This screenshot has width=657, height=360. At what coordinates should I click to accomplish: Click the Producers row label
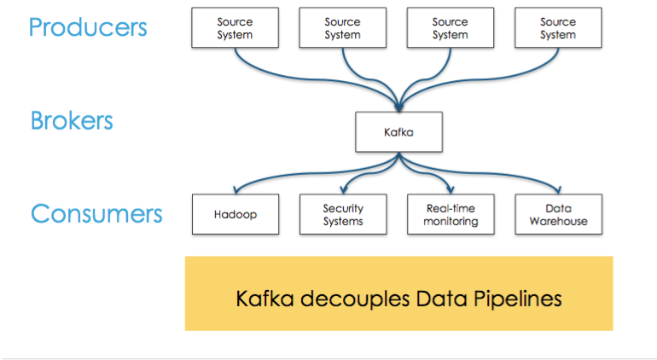pyautogui.click(x=88, y=27)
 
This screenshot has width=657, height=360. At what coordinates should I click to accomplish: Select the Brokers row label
pyautogui.click(x=72, y=120)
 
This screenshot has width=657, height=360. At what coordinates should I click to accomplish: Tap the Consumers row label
pyautogui.click(x=96, y=212)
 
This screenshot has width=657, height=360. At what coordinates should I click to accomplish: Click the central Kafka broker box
pyautogui.click(x=398, y=132)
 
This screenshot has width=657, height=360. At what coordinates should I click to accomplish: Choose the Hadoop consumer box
pyautogui.click(x=235, y=215)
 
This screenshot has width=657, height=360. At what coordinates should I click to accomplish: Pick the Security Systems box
pyautogui.click(x=343, y=215)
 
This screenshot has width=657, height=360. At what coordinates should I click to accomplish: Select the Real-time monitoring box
pyautogui.click(x=451, y=215)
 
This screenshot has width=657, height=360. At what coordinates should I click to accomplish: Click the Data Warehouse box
pyautogui.click(x=558, y=215)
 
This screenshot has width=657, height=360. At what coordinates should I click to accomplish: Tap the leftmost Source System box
pyautogui.click(x=235, y=28)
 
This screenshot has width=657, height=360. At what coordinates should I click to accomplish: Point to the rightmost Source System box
pyautogui.click(x=558, y=28)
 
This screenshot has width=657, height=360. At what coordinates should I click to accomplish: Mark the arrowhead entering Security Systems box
pyautogui.click(x=344, y=191)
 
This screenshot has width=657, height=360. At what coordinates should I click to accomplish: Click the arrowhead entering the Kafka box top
pyautogui.click(x=398, y=109)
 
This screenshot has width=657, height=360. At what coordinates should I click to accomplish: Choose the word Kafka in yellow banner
pyautogui.click(x=261, y=299)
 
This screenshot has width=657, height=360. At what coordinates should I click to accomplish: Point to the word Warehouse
pyautogui.click(x=558, y=222)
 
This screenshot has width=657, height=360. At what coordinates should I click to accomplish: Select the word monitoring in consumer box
pyautogui.click(x=451, y=222)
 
